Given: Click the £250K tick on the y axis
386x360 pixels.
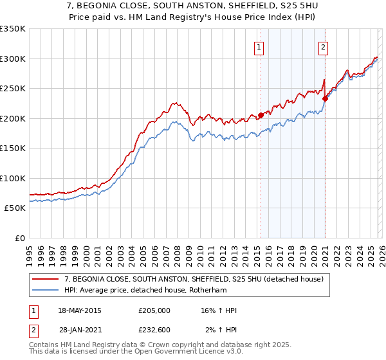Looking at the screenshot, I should pos(13,89).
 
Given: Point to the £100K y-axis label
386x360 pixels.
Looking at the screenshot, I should pos(13,178).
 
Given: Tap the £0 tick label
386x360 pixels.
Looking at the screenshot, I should pos(19,238).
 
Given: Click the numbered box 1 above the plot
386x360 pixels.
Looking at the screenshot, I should pos(258,46).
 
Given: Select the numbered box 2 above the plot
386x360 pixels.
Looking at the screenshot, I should pos(322,46).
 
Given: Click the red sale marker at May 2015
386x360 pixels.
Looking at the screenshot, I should pos(261,116).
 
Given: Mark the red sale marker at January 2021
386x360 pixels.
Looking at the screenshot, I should pos(326,98).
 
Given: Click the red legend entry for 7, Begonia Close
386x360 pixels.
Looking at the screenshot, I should pos(198,278).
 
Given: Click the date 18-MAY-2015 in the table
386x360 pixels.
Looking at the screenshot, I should pos(80,310).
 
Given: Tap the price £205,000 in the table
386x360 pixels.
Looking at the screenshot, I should pos(154,310).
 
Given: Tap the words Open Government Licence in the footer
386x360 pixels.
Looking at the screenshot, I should pos(178,353).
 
